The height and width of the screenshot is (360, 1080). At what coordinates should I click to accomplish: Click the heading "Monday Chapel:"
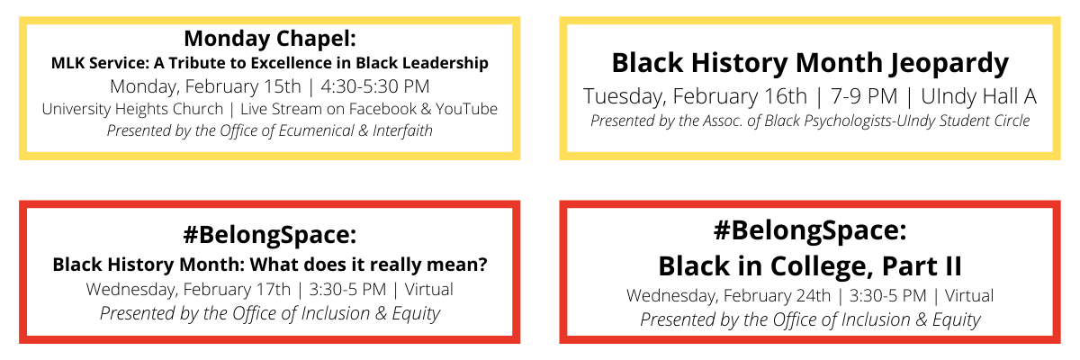coord(269,39)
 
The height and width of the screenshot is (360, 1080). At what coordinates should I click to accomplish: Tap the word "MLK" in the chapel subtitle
coord(67,63)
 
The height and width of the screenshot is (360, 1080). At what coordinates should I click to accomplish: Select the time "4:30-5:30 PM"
coord(375,86)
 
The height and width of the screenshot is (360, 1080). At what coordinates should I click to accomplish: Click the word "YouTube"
coord(466,109)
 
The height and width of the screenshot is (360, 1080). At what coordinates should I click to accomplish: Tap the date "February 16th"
coord(740,96)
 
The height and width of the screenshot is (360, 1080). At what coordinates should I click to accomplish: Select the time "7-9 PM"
coord(864,96)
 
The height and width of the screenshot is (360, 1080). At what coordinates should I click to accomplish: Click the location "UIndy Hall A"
coord(979,96)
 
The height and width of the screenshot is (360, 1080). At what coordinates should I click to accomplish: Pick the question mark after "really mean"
coord(481,265)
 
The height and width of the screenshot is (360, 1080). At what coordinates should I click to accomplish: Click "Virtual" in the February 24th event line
coord(968,295)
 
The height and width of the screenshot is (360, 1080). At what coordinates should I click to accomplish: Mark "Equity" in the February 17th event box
coord(416,314)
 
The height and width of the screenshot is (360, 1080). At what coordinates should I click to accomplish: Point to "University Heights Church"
coord(132,110)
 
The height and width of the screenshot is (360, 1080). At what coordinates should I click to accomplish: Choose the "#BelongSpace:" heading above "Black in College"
coord(810,230)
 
